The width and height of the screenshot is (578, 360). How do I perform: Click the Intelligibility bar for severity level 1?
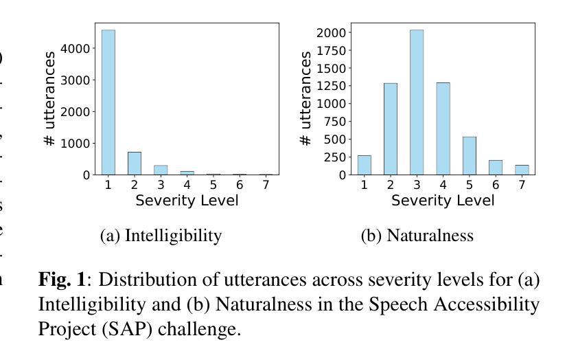point(108,102)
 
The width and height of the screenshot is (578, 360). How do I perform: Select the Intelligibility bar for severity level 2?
point(135,164)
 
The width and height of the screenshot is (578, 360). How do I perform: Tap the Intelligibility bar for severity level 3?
point(161,170)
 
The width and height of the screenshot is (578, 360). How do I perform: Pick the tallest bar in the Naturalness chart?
point(417,102)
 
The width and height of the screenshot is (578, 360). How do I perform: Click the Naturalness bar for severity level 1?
point(365,165)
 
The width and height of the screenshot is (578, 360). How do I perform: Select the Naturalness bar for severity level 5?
point(469,156)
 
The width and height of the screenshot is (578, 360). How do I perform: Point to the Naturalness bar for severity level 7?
point(521,170)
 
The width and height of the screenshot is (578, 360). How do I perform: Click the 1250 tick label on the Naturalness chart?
point(332,86)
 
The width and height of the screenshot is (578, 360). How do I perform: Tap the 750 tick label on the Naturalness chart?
point(335,122)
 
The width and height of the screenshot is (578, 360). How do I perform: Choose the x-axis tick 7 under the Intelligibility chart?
point(266,185)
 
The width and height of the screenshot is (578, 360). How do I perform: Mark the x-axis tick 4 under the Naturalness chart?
point(443,185)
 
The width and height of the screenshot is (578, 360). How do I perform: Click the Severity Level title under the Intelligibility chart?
point(187,201)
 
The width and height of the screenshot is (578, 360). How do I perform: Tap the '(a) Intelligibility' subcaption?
point(161,236)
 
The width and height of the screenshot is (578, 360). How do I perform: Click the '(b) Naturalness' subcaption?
point(417,236)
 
